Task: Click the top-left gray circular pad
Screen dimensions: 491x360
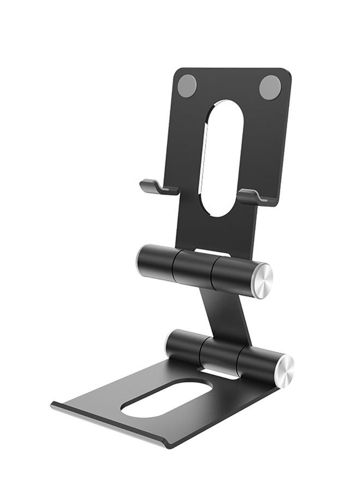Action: click(188, 86)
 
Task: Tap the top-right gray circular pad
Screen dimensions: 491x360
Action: click(270, 87)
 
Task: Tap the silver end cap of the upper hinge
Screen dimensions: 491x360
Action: click(261, 280)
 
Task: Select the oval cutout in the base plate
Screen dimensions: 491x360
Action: click(166, 398)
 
